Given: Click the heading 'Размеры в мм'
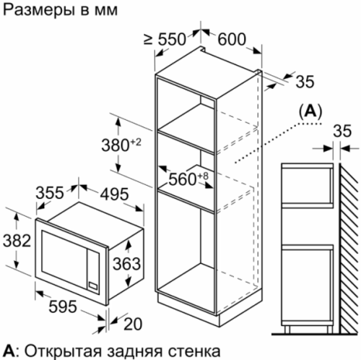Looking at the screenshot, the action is click(61, 11).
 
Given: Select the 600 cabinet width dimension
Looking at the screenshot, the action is click(232, 39).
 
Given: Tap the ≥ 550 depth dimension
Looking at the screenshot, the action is click(165, 39).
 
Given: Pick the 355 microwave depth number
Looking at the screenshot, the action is click(50, 192).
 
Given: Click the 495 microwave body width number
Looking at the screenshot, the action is click(114, 194).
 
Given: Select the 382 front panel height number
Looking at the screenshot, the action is click(17, 241).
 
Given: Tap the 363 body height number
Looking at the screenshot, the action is click(126, 263).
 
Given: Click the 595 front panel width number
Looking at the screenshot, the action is click(63, 307).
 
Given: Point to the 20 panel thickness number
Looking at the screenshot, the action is click(133, 324).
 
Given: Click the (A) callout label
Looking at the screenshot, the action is click(310, 112).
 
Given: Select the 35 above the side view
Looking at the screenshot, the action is click(342, 132).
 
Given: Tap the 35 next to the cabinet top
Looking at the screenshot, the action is click(305, 82).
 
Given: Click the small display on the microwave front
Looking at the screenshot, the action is click(93, 285).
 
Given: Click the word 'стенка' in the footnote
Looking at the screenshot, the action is click(194, 351).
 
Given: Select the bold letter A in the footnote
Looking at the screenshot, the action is click(9, 351).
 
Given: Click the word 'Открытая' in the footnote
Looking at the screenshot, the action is click(63, 351).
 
